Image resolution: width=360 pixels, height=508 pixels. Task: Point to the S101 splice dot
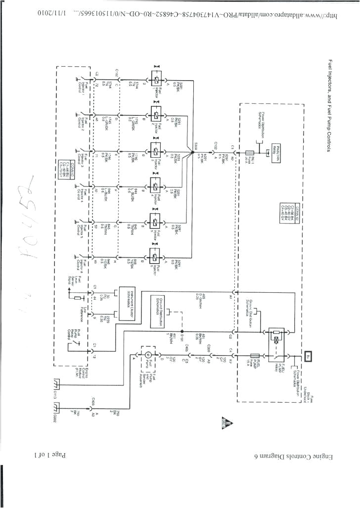182,331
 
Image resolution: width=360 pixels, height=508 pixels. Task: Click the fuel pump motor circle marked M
146,355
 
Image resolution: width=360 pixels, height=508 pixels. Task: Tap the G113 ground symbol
58,385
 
